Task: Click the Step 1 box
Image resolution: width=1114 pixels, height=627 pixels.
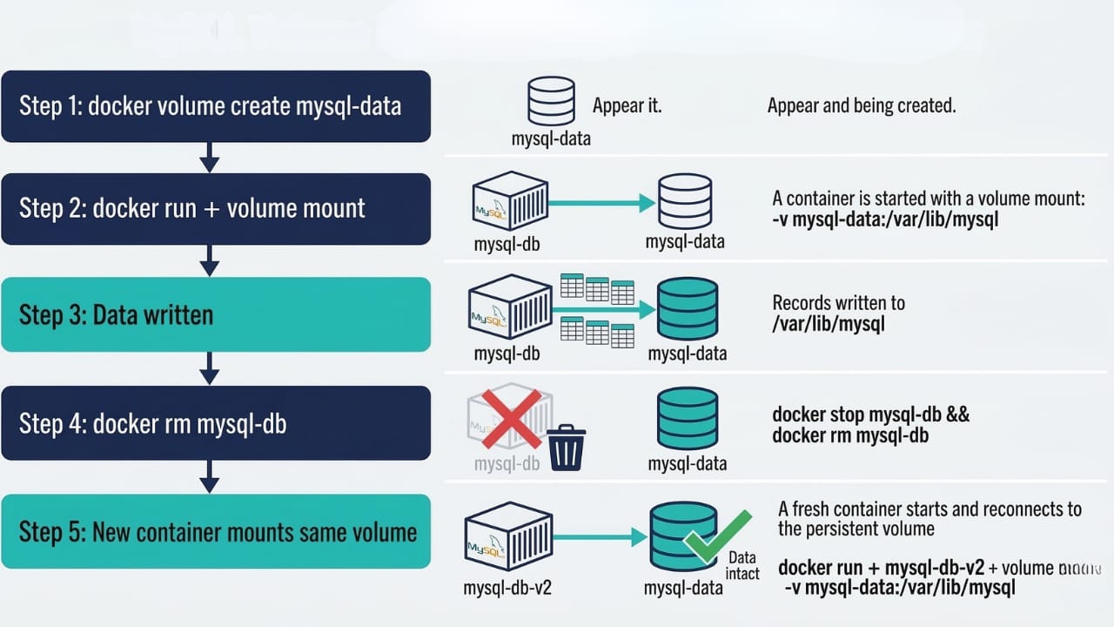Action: (216, 106)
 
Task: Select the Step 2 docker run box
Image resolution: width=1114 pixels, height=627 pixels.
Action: (216, 209)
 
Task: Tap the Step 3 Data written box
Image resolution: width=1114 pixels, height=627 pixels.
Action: (216, 314)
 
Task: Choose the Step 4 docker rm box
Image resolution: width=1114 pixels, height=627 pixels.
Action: (216, 423)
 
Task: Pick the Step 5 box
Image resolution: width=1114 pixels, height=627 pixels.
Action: (216, 531)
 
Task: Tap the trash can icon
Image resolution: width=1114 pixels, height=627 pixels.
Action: (566, 447)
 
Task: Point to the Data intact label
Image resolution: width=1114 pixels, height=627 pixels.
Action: (743, 565)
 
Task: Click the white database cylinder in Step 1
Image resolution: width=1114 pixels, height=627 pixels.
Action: (551, 101)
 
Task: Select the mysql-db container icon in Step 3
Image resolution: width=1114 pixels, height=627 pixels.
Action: (510, 309)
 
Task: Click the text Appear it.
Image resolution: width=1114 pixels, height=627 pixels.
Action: (627, 106)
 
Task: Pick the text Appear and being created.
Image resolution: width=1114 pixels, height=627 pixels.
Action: (862, 106)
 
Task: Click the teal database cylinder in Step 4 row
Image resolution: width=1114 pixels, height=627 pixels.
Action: (688, 418)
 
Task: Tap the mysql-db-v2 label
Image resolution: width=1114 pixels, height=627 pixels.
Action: (507, 588)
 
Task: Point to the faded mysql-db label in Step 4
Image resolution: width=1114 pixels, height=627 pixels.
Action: (507, 463)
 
